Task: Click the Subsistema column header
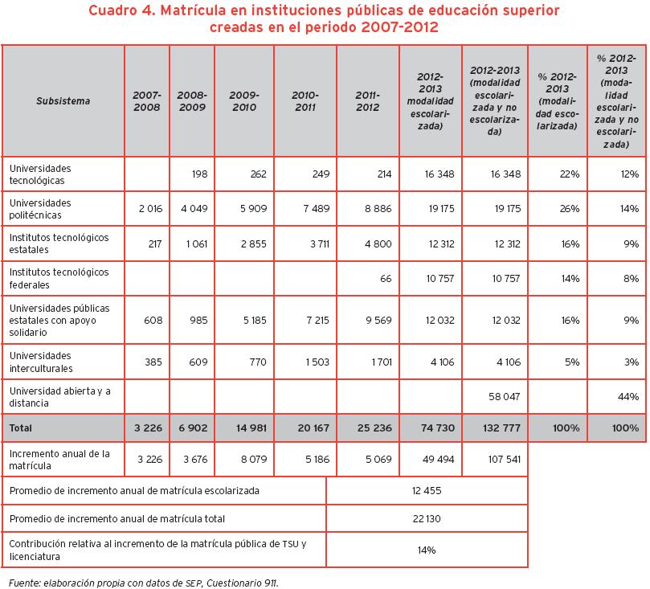tap(63, 101)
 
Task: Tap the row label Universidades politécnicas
tap(40, 208)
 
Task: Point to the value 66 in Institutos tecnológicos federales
tap(385, 278)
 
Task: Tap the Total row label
tap(21, 428)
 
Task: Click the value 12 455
tap(427, 489)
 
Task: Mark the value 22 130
tap(427, 519)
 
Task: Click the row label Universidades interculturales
tap(40, 362)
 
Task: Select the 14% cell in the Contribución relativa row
tap(427, 550)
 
